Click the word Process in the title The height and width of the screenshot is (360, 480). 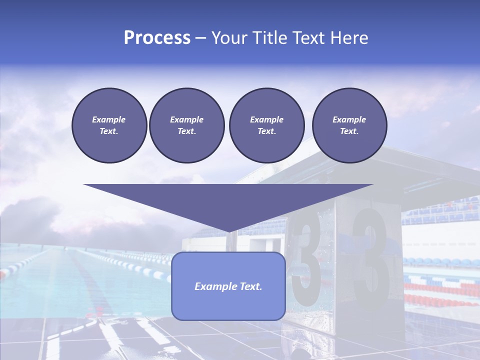pyautogui.click(x=157, y=38)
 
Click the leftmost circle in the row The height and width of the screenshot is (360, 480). pyautogui.click(x=109, y=125)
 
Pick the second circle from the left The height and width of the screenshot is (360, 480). pyautogui.click(x=186, y=125)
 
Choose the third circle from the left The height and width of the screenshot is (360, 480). pyautogui.click(x=266, y=125)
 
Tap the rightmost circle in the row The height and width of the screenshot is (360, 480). pyautogui.click(x=349, y=125)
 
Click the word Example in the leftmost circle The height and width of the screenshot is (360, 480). pyautogui.click(x=109, y=119)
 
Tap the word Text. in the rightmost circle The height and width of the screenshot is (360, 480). pyautogui.click(x=349, y=131)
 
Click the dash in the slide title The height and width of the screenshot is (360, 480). pyautogui.click(x=201, y=38)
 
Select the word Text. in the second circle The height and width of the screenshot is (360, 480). pyautogui.click(x=186, y=131)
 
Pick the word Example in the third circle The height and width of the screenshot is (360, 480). pyautogui.click(x=266, y=119)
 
